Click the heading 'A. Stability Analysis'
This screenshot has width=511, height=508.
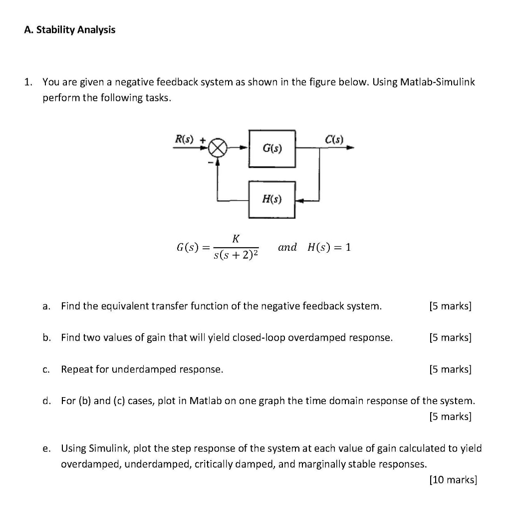tap(69, 30)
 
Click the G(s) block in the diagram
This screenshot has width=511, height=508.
tap(272, 148)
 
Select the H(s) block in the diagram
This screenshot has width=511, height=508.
tap(272, 199)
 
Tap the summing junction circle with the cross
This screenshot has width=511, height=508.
tap(218, 148)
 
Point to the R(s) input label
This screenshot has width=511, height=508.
tap(183, 138)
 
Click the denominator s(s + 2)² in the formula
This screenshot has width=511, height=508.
tap(236, 255)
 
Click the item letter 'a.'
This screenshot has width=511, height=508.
tap(46, 306)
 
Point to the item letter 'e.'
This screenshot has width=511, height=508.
tap(46, 448)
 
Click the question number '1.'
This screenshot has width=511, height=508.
tap(29, 82)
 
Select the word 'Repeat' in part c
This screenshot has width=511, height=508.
tap(75, 370)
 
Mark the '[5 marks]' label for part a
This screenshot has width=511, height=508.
tap(450, 306)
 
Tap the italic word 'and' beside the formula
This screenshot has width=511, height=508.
tap(287, 247)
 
